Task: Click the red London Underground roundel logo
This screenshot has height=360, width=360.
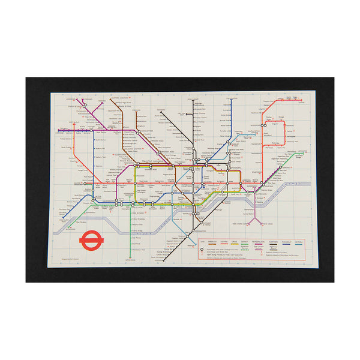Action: (x=89, y=240)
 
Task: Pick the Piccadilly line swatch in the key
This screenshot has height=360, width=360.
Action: (x=286, y=244)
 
